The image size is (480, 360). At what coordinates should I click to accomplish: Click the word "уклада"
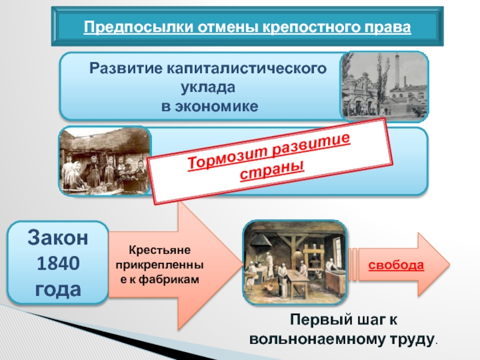click(209, 87)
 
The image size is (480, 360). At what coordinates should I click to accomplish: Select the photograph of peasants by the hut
click(105, 161)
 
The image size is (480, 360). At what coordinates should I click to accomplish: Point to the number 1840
click(58, 264)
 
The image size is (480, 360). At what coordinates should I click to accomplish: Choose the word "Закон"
click(58, 238)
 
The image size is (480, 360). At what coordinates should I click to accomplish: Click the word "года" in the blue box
click(58, 290)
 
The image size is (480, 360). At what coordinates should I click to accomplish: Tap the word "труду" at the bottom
click(412, 339)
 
